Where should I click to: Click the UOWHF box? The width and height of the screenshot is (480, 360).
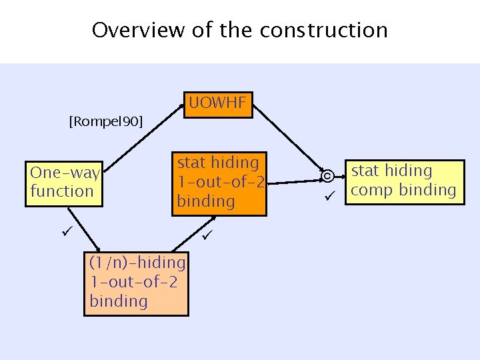pos(218,104)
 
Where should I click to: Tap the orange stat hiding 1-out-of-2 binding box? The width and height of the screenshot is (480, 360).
pos(219,181)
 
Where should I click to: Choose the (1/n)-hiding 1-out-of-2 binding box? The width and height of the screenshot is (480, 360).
pos(136,282)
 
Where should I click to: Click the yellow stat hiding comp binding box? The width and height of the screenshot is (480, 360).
pos(403,181)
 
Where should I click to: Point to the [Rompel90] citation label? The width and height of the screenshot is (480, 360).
pos(106,121)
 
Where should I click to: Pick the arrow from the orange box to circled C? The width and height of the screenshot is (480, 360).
pos(293,181)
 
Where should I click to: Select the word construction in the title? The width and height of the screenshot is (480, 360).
pos(324,30)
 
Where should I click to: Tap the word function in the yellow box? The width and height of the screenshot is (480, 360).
pos(62,191)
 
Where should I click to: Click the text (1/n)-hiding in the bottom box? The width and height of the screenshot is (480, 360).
pos(137,263)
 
